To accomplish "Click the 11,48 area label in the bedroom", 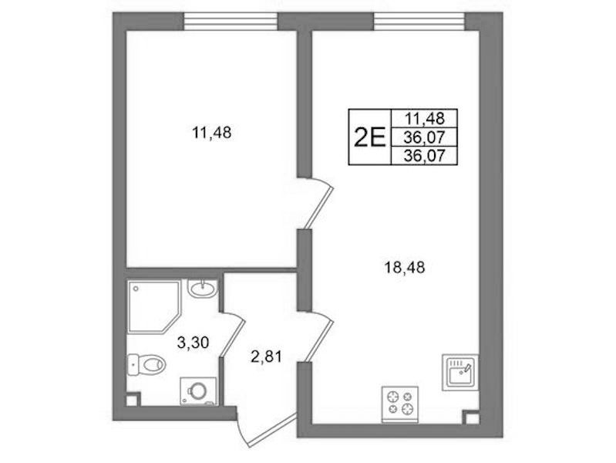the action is click(x=211, y=133).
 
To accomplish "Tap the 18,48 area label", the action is click(x=405, y=268).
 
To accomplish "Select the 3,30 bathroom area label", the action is click(x=193, y=343).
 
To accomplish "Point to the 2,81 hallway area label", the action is click(x=266, y=357).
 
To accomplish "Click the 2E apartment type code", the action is click(x=370, y=137).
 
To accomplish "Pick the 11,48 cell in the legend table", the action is click(x=425, y=118).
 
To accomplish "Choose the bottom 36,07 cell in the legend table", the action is click(x=425, y=156).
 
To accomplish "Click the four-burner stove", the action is click(x=400, y=404).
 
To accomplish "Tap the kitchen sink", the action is click(x=460, y=372).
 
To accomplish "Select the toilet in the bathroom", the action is click(x=146, y=364).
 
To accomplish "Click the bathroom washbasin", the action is click(x=202, y=289).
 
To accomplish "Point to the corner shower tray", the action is click(x=154, y=306).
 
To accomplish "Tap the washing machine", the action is click(x=198, y=391).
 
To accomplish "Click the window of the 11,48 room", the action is click(x=231, y=22).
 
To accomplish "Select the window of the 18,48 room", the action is click(x=419, y=22).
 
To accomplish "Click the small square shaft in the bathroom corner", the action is click(x=133, y=400).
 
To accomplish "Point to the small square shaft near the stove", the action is click(x=470, y=417).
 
